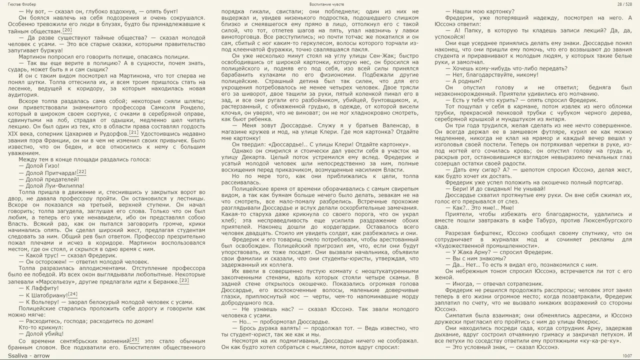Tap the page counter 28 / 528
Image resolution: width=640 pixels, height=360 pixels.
coord(624,4)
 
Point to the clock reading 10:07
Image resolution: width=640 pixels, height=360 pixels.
coord(627,355)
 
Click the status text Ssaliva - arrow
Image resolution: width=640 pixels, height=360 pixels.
coord(29,355)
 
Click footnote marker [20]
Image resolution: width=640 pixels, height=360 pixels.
coord(67,30)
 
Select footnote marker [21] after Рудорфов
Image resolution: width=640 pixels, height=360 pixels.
coord(133,132)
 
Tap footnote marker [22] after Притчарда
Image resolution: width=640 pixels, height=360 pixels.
coord(81,171)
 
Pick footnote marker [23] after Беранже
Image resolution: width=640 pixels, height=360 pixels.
coord(184,280)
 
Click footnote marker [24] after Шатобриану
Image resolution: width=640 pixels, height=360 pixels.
coord(72,294)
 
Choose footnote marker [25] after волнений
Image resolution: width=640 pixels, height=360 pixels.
coord(134,339)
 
